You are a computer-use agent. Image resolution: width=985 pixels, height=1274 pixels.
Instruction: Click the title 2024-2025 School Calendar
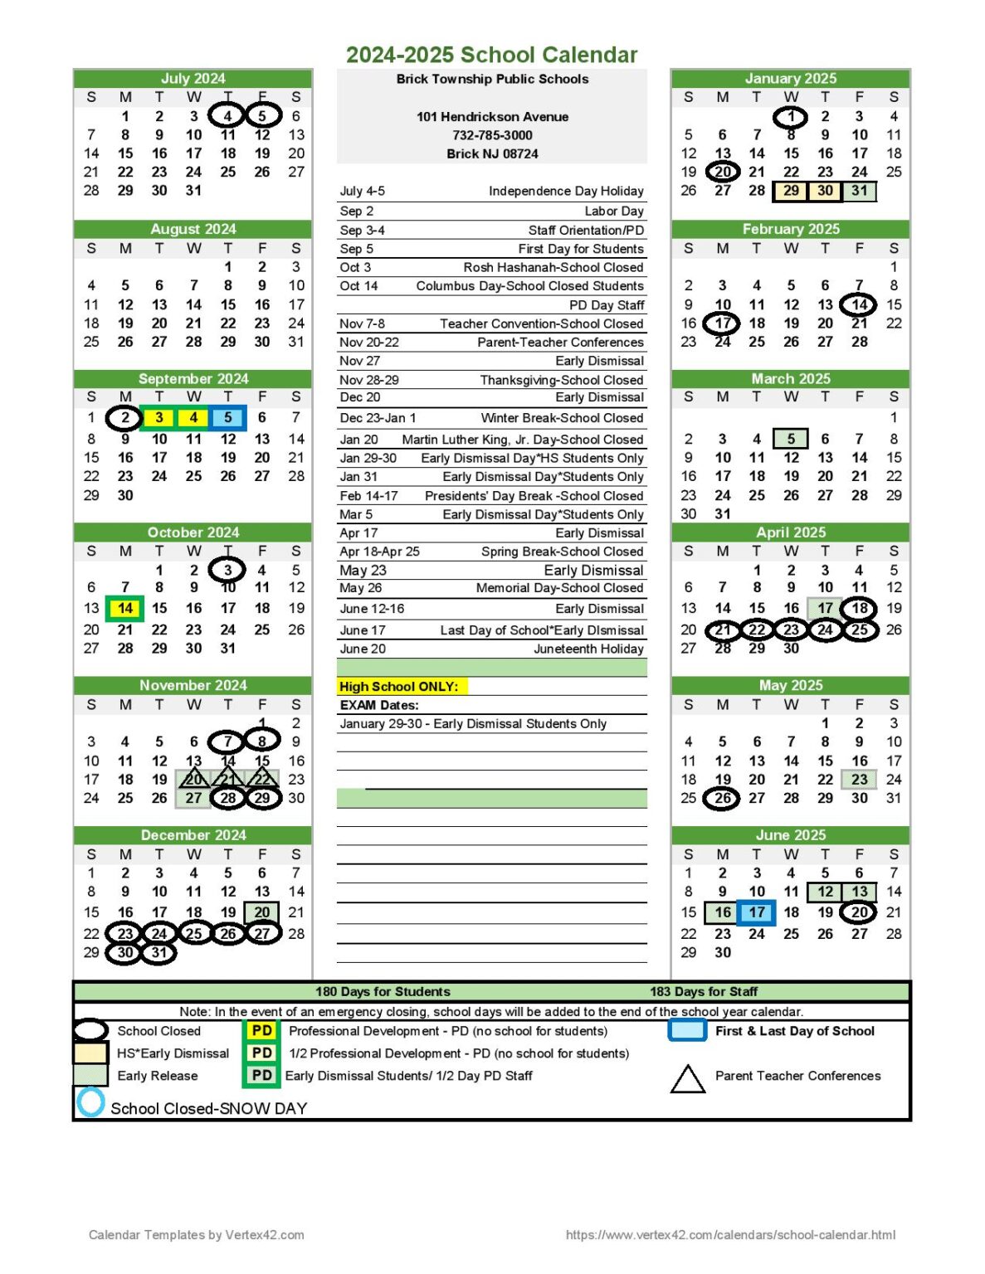(491, 55)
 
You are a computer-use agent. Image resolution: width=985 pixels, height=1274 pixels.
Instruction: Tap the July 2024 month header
(193, 78)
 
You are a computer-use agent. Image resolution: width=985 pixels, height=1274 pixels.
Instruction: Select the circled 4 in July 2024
(227, 116)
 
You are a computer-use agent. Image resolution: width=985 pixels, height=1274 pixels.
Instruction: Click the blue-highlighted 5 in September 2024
(227, 418)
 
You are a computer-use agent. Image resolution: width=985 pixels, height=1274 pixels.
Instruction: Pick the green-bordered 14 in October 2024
(125, 608)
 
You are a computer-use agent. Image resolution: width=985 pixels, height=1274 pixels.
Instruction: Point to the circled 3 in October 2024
(227, 570)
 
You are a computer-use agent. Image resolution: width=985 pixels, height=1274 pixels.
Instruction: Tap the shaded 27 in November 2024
(193, 798)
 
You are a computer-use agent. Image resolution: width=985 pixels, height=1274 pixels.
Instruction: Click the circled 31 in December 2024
(158, 953)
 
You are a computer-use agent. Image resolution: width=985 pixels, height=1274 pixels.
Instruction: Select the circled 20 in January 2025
(723, 172)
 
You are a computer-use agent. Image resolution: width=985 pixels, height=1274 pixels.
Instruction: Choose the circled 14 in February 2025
(859, 304)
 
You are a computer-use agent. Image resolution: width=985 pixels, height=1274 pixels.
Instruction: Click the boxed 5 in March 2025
(791, 439)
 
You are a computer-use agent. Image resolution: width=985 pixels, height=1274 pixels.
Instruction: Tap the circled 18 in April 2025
(859, 608)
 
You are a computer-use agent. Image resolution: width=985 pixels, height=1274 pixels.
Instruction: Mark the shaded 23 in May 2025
(859, 780)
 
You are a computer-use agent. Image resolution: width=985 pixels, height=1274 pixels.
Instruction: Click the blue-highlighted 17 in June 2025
(757, 912)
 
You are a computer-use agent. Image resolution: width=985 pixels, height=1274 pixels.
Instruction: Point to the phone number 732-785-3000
(492, 135)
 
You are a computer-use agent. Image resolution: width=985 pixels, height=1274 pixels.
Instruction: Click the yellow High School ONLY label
(399, 687)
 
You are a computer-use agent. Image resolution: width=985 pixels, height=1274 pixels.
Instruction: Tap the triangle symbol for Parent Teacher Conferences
(687, 1078)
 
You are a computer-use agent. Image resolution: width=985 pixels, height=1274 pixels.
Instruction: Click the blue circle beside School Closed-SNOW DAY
(90, 1103)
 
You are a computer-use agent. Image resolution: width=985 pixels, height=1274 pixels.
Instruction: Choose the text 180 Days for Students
(383, 991)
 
